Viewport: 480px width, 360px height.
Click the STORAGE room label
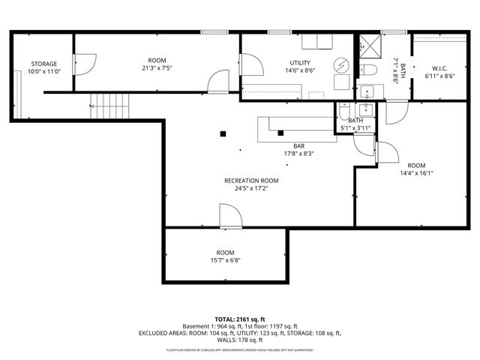[x=43, y=64]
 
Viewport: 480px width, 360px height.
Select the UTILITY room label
[x=300, y=63]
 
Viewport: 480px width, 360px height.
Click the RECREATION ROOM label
[x=251, y=181]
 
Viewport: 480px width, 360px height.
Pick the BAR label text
[x=298, y=146]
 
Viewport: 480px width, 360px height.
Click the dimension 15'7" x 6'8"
[x=225, y=261]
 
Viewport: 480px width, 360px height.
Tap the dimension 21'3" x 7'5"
[x=157, y=68]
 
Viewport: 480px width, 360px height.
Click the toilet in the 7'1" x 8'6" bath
[x=367, y=70]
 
